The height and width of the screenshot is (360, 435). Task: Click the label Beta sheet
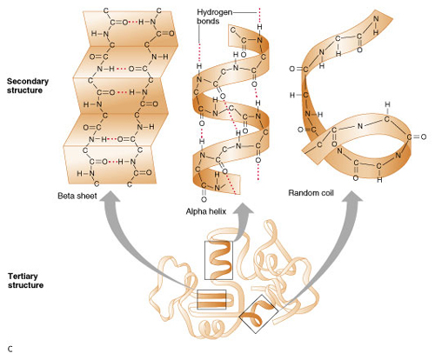tap(77, 196)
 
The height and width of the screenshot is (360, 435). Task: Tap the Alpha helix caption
tap(206, 211)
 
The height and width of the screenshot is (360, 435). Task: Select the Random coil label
tap(311, 193)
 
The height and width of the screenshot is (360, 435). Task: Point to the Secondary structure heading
tap(28, 85)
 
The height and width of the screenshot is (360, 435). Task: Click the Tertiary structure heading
tap(25, 281)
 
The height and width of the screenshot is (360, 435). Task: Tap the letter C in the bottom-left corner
tap(10, 349)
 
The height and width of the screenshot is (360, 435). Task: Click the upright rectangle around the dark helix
tap(218, 241)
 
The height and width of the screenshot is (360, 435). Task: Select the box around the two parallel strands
tap(211, 290)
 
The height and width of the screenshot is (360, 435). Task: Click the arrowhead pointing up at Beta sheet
tap(110, 197)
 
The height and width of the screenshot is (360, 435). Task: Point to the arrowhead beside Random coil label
tap(351, 197)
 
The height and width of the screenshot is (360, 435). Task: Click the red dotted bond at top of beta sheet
tap(133, 22)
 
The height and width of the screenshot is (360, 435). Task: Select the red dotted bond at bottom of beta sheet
tap(112, 162)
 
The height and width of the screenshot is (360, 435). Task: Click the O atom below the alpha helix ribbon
tap(204, 199)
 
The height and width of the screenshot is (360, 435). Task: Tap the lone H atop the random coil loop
tap(388, 104)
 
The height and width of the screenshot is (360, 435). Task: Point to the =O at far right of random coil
tap(420, 137)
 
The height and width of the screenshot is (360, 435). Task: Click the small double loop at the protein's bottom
tap(211, 327)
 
